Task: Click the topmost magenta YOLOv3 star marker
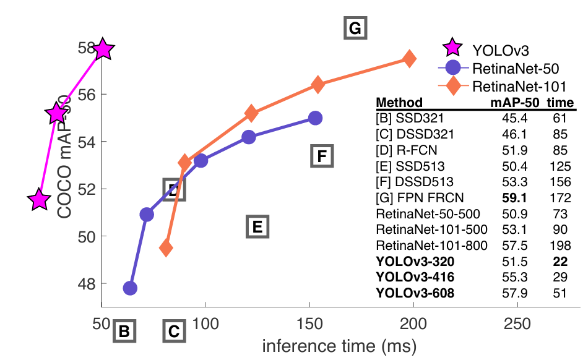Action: pyautogui.click(x=103, y=48)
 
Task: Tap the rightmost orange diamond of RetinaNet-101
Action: pyautogui.click(x=409, y=58)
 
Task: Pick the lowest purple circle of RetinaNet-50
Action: pyautogui.click(x=130, y=288)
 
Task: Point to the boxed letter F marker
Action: pyautogui.click(x=321, y=156)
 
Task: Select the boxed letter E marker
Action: pyautogui.click(x=257, y=226)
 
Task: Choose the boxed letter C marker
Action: pyautogui.click(x=174, y=332)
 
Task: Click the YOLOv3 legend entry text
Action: pyautogui.click(x=501, y=48)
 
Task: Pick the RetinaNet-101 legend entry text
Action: pyautogui.click(x=519, y=85)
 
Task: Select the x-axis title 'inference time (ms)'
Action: pyautogui.click(x=339, y=345)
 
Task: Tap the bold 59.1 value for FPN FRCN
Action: pyautogui.click(x=516, y=197)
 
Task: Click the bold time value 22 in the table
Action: pyautogui.click(x=559, y=262)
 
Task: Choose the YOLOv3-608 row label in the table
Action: pyautogui.click(x=415, y=293)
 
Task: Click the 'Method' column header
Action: pyautogui.click(x=399, y=102)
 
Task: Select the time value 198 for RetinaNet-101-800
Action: pyautogui.click(x=559, y=245)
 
